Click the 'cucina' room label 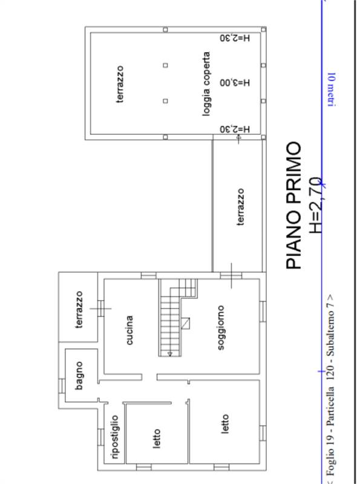pos(130,330)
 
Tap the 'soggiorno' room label pos(221,328)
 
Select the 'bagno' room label pos(79,376)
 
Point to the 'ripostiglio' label pos(114,437)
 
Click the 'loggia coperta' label pos(206,84)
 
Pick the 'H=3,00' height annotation pos(235,83)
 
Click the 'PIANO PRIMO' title pos(293,205)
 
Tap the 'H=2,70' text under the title pos(316,205)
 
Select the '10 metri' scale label pos(332,90)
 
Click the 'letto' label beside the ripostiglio pos(157,438)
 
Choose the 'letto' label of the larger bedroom pos(225,424)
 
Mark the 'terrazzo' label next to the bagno pos(79,310)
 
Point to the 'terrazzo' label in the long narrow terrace pos(241,207)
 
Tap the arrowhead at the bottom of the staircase pos(170,354)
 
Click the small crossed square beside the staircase pos(185,323)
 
